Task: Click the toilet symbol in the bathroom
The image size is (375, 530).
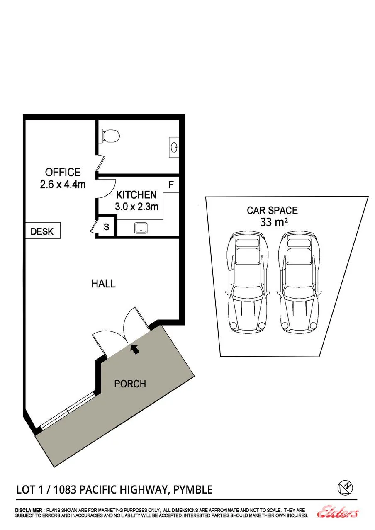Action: point(109,136)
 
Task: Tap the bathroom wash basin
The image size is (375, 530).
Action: point(174,147)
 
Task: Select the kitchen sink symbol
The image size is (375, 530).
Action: point(141,228)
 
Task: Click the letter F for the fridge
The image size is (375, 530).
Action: point(171,185)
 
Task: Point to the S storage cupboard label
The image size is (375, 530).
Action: point(107,227)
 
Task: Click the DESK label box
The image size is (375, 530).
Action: point(43,231)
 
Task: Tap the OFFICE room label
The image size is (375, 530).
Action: point(63,172)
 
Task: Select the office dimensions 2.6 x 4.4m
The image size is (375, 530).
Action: point(63,185)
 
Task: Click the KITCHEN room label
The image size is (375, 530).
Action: point(136,195)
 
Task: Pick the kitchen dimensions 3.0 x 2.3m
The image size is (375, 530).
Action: point(136,207)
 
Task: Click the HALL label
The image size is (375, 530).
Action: point(103,284)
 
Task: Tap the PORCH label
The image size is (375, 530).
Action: point(130,384)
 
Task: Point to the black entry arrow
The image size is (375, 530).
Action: point(135,349)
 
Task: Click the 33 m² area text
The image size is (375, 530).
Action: point(274,222)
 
